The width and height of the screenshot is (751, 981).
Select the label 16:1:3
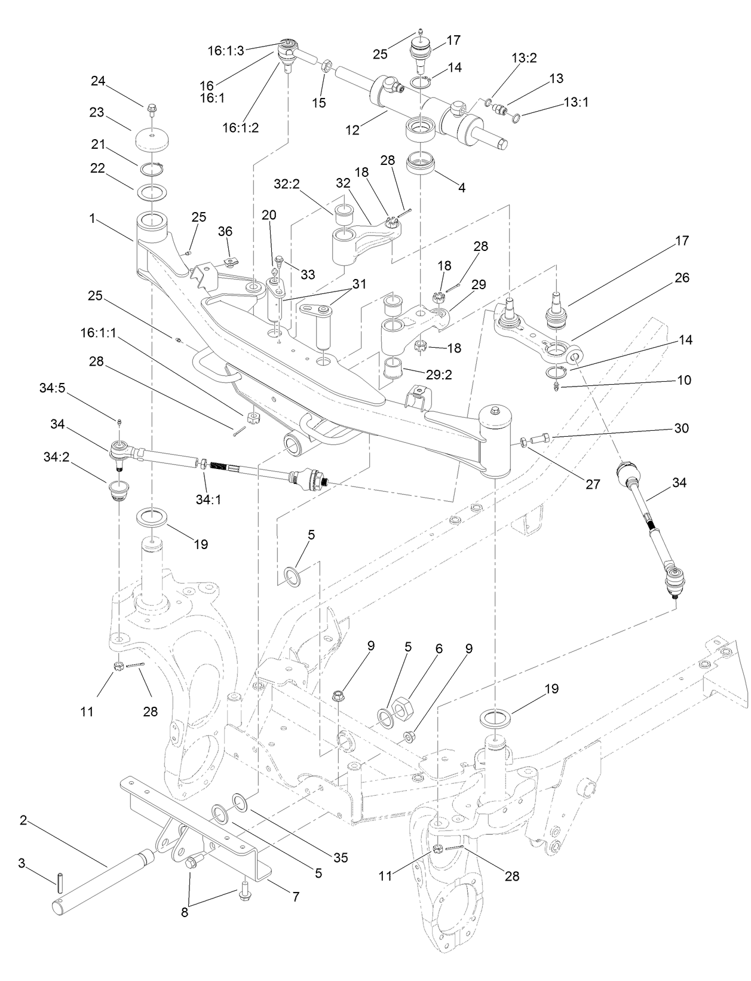tap(226, 51)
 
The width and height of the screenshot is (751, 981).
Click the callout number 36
tap(225, 231)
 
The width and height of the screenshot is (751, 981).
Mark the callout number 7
tap(296, 897)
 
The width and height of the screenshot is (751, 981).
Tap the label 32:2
tap(287, 185)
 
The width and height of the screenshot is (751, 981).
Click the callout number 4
tap(461, 188)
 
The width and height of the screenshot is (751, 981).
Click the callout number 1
tap(92, 219)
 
